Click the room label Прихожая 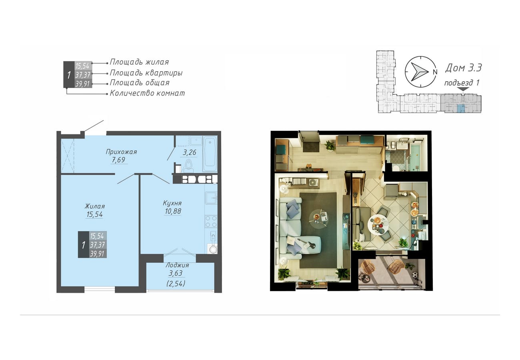coord(121,152)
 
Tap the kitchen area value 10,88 coord(173,211)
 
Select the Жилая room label coord(95,206)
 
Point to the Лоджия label coord(177,265)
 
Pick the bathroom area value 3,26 coord(190,152)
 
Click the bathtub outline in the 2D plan coord(210,154)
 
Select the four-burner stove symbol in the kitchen coord(211,221)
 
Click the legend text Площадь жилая coord(139,62)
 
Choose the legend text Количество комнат coord(147,93)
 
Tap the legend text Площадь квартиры coord(146,73)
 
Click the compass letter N coord(435,72)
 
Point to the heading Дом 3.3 coord(463,68)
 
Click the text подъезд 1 coord(462,83)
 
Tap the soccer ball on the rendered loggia coord(415,275)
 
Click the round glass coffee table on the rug coord(319,218)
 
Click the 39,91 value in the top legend coord(82,84)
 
